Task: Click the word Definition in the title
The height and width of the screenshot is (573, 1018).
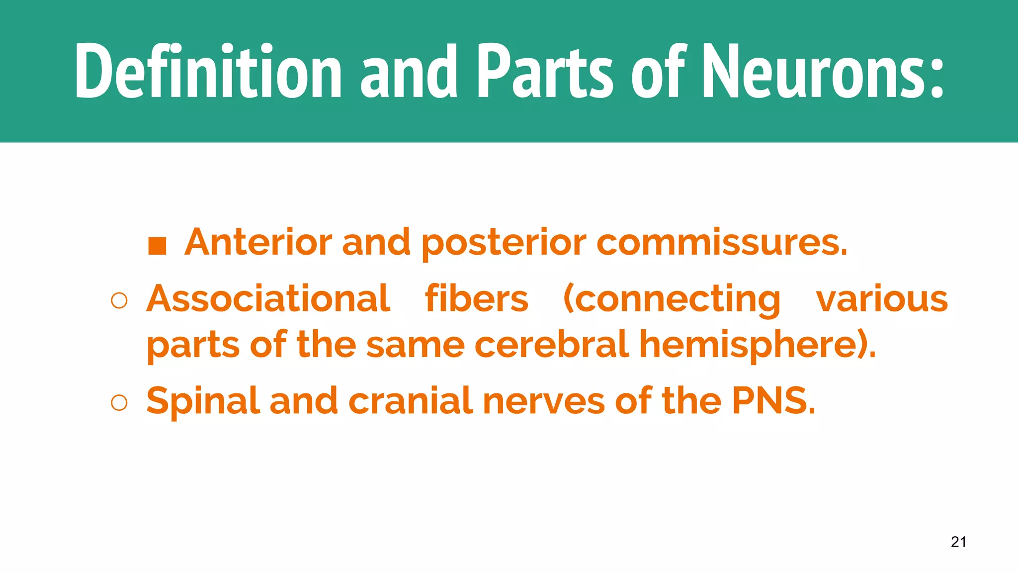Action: [208, 71]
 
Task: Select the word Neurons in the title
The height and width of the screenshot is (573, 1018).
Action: [823, 71]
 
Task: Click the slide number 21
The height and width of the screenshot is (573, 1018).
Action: [958, 542]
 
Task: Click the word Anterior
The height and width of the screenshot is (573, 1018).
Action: [258, 242]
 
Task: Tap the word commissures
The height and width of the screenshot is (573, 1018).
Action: [721, 242]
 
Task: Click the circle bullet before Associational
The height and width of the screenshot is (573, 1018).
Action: [119, 301]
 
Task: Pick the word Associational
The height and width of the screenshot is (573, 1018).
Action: [268, 298]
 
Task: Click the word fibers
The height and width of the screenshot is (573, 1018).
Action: [476, 298]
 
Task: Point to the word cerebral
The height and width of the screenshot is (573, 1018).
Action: [551, 344]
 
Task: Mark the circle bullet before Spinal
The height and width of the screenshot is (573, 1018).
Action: [119, 403]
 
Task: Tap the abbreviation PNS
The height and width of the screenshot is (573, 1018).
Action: [773, 400]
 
